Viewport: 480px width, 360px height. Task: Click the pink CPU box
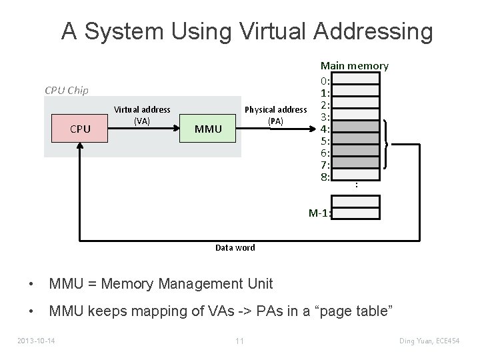click(x=80, y=128)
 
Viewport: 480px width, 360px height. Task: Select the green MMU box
click(x=209, y=128)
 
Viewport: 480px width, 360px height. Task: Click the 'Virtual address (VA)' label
click(x=142, y=115)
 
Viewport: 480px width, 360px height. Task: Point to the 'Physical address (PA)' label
click(x=276, y=115)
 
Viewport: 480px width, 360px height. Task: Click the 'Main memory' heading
click(x=354, y=65)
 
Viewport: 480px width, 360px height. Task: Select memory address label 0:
click(x=325, y=81)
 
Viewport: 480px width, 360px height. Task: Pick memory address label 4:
click(x=325, y=129)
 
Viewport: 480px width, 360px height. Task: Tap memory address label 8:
click(x=325, y=177)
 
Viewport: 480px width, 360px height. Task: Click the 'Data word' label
click(x=235, y=247)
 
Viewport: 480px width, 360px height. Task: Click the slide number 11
click(x=239, y=341)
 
